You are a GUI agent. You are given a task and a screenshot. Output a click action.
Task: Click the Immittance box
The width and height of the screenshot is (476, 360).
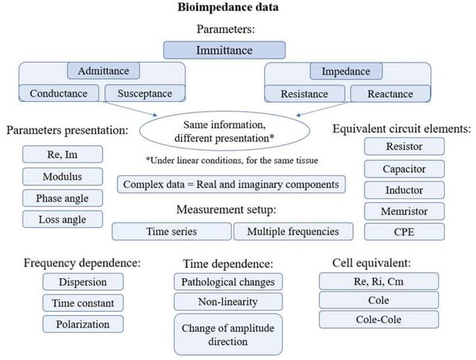point(224,50)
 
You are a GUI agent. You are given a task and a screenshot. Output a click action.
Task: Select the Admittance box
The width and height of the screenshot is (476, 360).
point(103,71)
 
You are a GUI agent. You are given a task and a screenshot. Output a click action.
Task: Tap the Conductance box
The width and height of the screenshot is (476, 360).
point(58,94)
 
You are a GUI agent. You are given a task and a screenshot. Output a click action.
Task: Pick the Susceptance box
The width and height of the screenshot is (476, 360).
point(144,94)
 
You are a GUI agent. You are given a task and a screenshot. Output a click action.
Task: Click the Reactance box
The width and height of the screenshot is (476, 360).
point(390,94)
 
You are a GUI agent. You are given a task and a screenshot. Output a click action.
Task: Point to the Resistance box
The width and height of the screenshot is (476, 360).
point(305,94)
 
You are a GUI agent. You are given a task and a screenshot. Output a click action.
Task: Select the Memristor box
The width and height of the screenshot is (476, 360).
point(404,211)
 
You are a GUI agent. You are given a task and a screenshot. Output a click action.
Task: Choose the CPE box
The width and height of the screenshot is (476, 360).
point(404,232)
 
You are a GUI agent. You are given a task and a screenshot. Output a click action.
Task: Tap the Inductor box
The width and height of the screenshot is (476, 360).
point(404,190)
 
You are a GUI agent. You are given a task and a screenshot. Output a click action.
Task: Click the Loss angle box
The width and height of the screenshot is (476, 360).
point(62,219)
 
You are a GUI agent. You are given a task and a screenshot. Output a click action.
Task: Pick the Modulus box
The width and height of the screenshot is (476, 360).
point(62,177)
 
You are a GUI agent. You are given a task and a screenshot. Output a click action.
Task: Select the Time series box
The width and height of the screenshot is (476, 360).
point(171,232)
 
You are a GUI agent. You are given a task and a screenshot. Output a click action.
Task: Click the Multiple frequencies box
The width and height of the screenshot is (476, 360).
point(292,232)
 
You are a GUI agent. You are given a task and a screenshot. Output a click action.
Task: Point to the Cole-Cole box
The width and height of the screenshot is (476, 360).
point(378,319)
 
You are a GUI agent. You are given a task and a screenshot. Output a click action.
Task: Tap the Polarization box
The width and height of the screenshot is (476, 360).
point(83,324)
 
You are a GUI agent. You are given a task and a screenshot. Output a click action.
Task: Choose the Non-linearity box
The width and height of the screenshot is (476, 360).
point(227,302)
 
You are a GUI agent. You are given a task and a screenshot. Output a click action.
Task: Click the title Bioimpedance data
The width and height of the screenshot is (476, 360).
point(227,8)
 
